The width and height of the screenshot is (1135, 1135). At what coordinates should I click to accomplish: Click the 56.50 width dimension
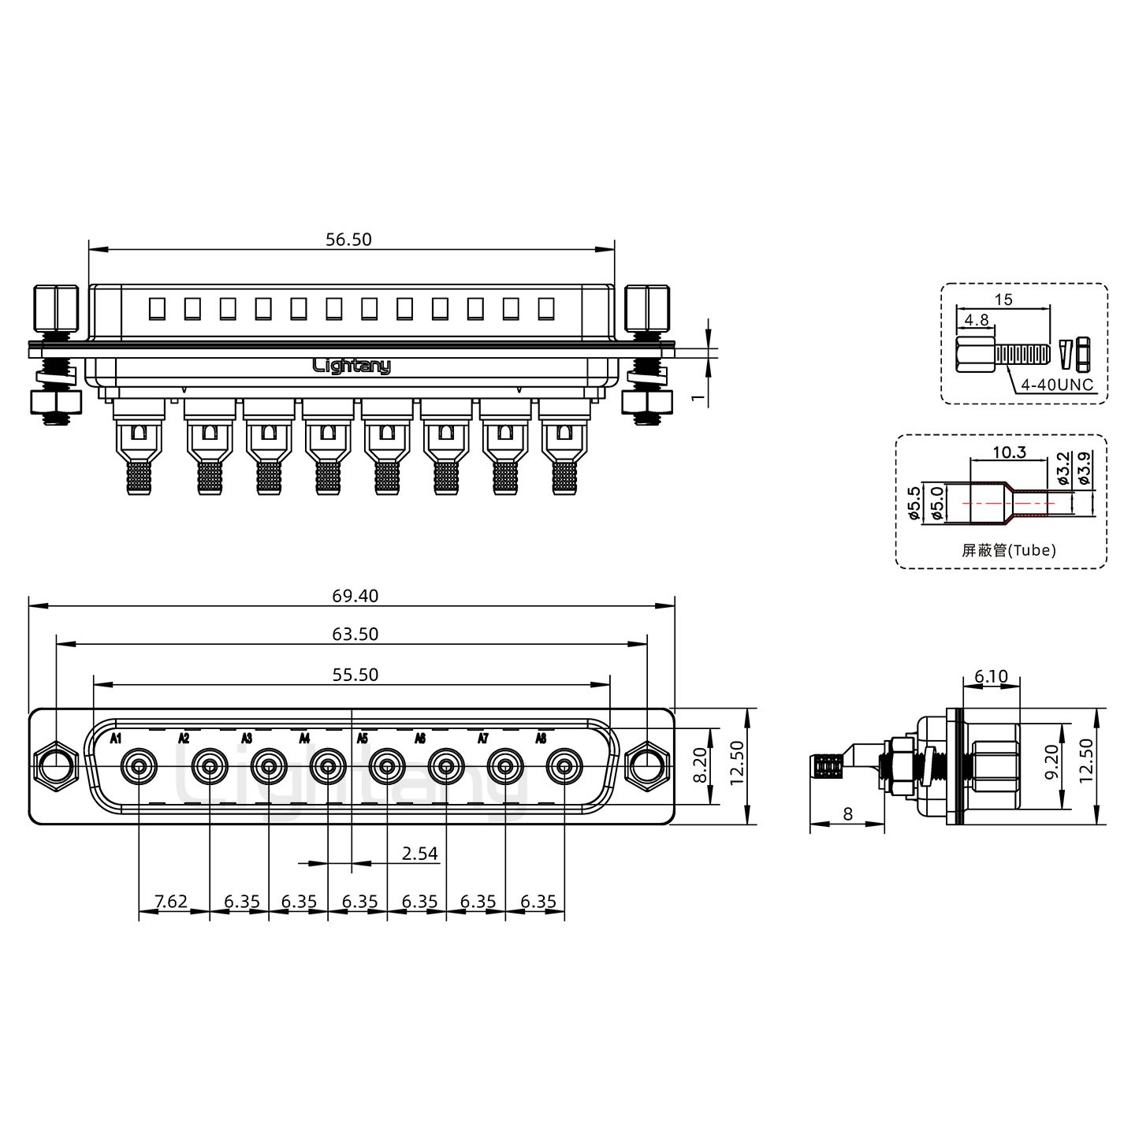point(348,240)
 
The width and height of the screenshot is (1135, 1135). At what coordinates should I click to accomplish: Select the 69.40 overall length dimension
point(355,596)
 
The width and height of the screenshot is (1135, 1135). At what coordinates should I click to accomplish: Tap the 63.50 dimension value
point(355,634)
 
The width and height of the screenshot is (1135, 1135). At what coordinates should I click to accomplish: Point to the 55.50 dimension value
point(355,675)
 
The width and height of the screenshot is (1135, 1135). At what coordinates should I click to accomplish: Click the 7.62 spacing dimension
point(171,902)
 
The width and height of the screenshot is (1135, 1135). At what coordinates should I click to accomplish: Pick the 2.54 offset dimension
point(420,854)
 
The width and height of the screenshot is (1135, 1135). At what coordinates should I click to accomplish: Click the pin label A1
point(116,739)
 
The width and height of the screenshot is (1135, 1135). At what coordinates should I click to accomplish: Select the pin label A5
point(363,739)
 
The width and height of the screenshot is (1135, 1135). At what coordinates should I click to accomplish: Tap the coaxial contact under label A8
point(564,768)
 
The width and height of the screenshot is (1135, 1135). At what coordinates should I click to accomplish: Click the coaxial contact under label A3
point(269,768)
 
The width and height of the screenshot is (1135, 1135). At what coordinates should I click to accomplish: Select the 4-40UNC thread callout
point(1057,385)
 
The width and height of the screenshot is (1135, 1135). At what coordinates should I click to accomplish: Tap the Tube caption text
point(1009,550)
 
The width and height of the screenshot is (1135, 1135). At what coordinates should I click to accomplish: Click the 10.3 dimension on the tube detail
point(1010,452)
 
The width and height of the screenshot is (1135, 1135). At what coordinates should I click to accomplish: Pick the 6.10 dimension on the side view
point(992,676)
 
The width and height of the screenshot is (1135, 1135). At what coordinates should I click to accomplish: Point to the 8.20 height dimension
point(700,765)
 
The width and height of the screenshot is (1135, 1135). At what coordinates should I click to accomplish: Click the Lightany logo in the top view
point(352,367)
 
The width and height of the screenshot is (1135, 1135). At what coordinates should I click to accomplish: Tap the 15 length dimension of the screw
point(1003,300)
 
